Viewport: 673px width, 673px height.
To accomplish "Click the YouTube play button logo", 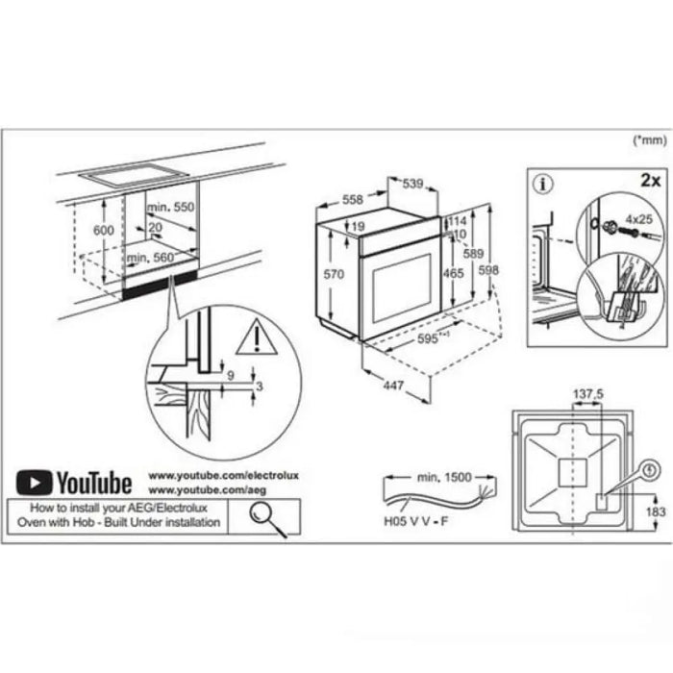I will click(x=34, y=481).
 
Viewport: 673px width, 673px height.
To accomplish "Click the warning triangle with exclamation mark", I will click(x=257, y=337).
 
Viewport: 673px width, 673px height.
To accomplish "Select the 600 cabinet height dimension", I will click(x=103, y=231).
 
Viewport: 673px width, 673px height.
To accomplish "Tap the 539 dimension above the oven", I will click(x=412, y=184).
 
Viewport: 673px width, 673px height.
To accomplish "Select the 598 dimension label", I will click(x=489, y=271).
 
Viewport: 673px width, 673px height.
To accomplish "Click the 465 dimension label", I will click(x=454, y=274).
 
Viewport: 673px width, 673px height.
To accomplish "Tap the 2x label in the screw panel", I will click(x=650, y=180).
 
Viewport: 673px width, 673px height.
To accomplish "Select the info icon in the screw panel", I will click(x=544, y=180).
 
